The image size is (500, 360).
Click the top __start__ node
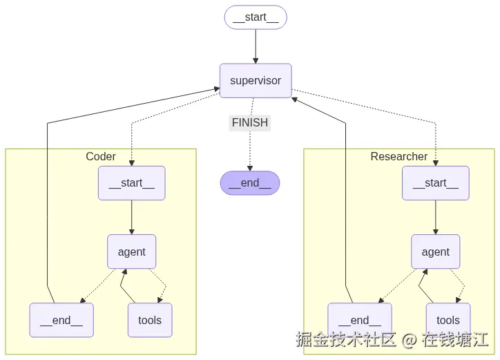pyautogui.click(x=256, y=18)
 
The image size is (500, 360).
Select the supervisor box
pyautogui.click(x=256, y=81)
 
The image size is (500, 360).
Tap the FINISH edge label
pyautogui.click(x=250, y=123)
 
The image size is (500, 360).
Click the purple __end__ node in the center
pyautogui.click(x=250, y=183)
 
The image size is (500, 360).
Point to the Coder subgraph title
pyautogui.click(x=101, y=157)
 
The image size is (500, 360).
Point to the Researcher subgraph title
pyautogui.click(x=399, y=157)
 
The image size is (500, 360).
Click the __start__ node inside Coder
pyautogui.click(x=131, y=183)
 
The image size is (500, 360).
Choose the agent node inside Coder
pyautogui.click(x=131, y=252)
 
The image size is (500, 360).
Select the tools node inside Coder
pyautogui.click(x=150, y=320)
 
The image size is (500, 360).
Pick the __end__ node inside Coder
pyautogui.click(x=61, y=320)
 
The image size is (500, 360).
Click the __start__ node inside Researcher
pyautogui.click(x=435, y=183)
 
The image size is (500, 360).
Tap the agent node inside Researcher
pyautogui.click(x=435, y=252)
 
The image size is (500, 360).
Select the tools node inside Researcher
pyautogui.click(x=448, y=320)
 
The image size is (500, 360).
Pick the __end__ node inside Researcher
pyautogui.click(x=360, y=320)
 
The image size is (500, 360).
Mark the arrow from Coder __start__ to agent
pyautogui.click(x=131, y=217)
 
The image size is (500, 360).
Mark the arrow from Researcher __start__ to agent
pyautogui.click(x=435, y=217)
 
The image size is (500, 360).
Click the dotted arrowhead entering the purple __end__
pyautogui.click(x=250, y=168)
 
